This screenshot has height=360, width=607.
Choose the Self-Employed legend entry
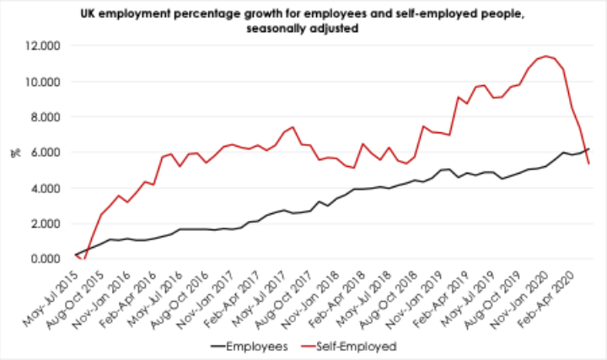(354, 345)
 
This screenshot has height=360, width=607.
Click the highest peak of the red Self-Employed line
(547, 56)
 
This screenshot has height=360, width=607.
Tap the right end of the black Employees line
(588, 148)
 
